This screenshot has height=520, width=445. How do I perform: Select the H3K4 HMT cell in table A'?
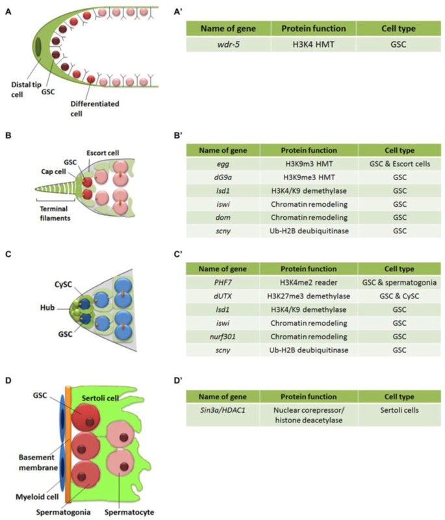pyautogui.click(x=309, y=45)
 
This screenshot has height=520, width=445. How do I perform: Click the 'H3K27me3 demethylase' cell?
pyautogui.click(x=309, y=296)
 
